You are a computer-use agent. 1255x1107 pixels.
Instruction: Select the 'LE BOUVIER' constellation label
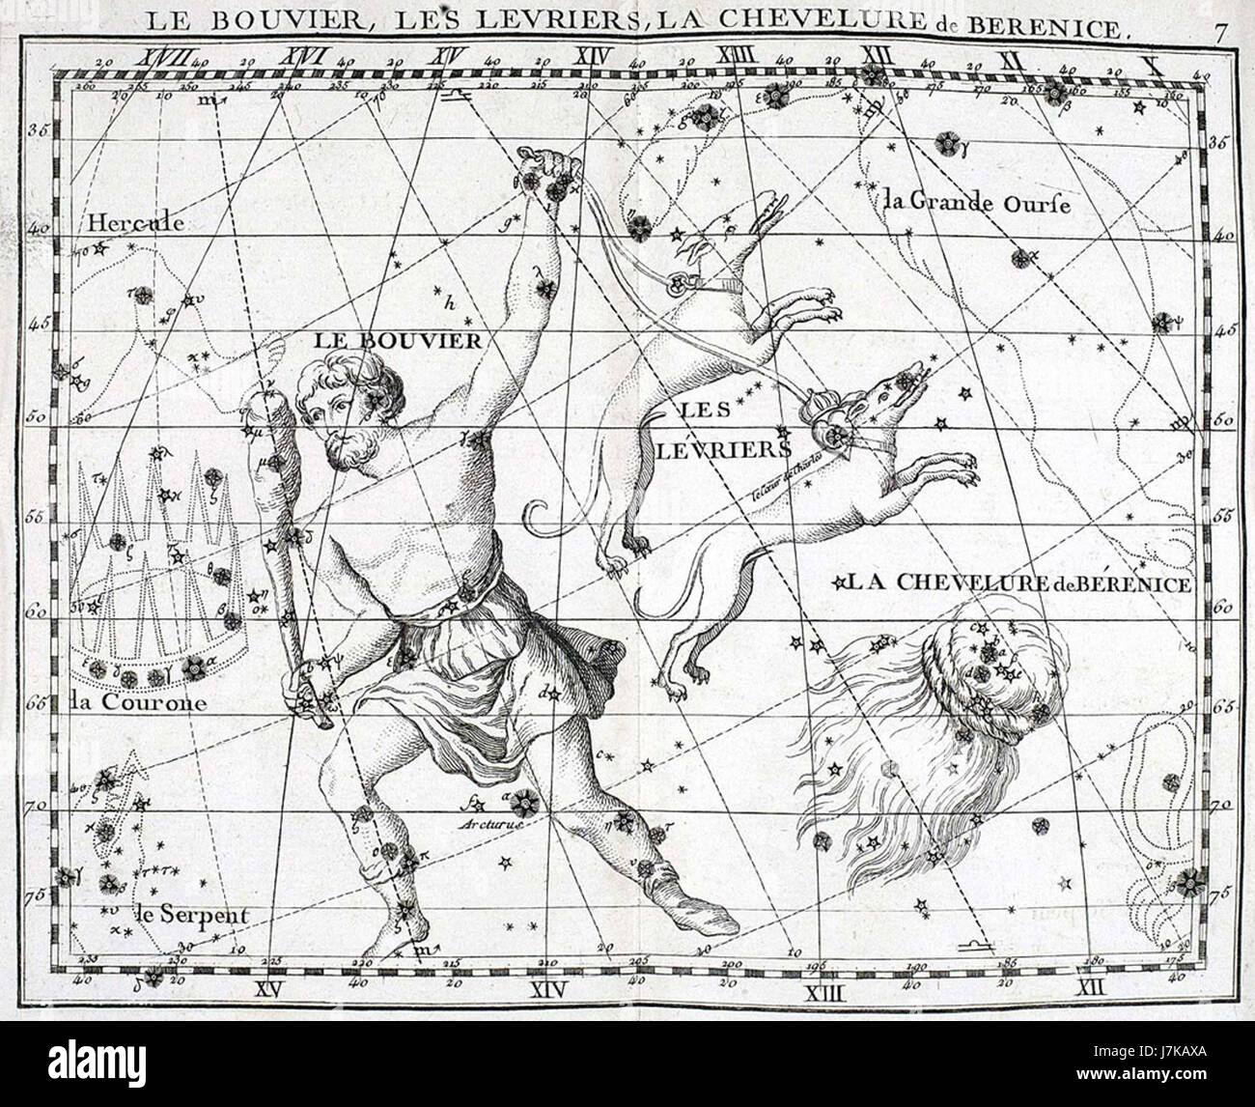[x=396, y=340]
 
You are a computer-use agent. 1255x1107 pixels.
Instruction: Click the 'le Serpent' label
[x=178, y=914]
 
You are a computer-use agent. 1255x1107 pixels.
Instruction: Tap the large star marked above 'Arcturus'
[x=525, y=800]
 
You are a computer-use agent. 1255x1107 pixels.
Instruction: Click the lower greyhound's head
[x=883, y=393]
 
